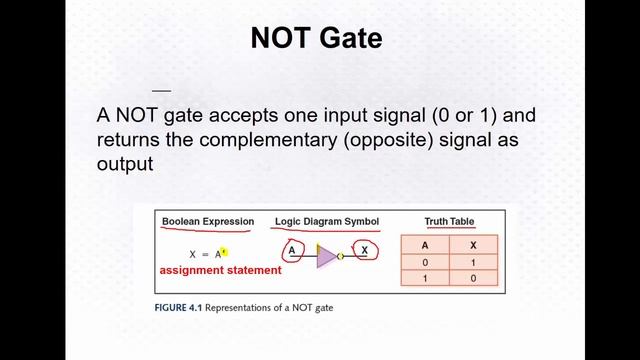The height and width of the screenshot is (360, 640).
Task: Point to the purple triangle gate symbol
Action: (x=326, y=256)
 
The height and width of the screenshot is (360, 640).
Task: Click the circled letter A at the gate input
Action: (x=292, y=251)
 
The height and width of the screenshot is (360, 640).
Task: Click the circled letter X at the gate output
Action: (x=365, y=251)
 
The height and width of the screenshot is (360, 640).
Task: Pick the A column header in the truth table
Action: (x=425, y=243)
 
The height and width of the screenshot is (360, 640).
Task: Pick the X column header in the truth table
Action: (x=472, y=243)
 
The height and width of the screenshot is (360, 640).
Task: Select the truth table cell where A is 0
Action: (x=425, y=261)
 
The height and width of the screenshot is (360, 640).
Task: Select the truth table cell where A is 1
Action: (x=425, y=278)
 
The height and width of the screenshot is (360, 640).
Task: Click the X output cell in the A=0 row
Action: (x=472, y=261)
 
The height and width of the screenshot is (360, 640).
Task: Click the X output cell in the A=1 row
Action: (x=472, y=278)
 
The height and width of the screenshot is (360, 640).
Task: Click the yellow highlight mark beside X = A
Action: (x=225, y=253)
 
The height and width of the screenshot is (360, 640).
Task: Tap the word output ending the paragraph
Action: (x=124, y=163)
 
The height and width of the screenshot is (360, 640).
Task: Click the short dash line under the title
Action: (x=161, y=90)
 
